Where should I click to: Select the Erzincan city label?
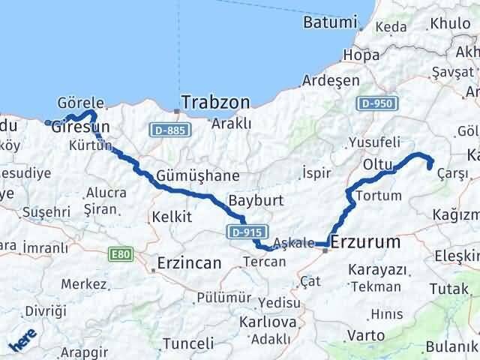(189, 263)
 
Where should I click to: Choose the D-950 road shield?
(374, 103)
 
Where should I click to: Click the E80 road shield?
(120, 255)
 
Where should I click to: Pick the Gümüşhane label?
(198, 176)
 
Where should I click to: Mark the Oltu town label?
(378, 163)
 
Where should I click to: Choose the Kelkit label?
(172, 216)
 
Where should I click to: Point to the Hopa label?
(359, 55)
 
